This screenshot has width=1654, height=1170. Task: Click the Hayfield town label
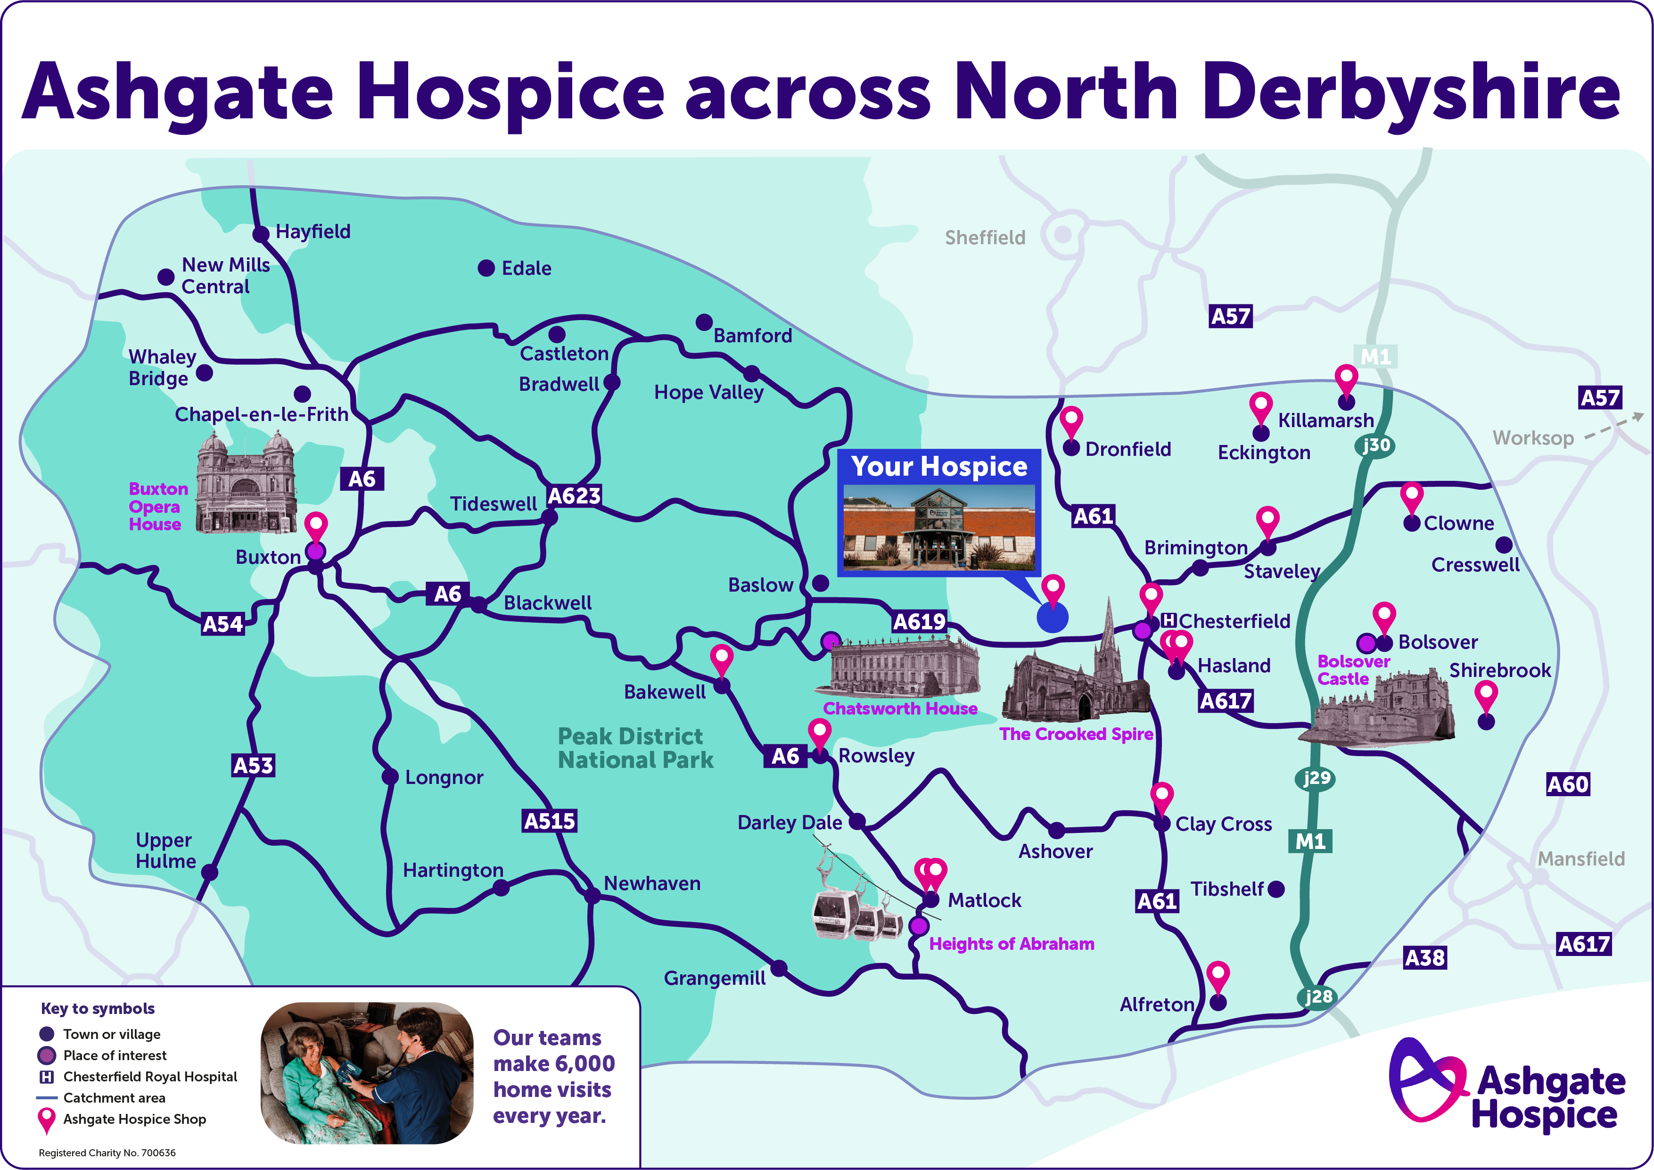coord(313,231)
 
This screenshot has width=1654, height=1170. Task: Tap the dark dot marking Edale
coord(486,268)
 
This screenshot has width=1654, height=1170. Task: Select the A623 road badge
coord(574,495)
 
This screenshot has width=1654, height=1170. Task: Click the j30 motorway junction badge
coord(1376,445)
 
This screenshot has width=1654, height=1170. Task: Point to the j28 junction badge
coord(1318,997)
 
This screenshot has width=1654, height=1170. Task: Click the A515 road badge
coord(549,821)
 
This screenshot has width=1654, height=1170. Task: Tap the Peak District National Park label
coord(635,748)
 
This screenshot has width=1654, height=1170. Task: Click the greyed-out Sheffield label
coord(985,238)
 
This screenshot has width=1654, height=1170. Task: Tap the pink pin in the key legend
coord(47,1119)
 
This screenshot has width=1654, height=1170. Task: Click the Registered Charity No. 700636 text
coord(107,1153)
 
